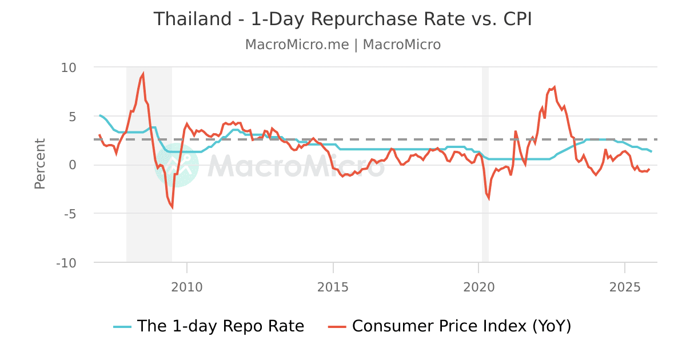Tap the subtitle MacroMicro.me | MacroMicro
coord(342,45)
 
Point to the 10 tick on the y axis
coord(69,67)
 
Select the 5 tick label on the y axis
coord(73,116)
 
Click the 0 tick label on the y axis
coord(73,165)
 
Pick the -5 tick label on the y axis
coord(70,214)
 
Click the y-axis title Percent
coord(39,164)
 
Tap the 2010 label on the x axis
coord(187,286)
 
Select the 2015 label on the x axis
coord(333,286)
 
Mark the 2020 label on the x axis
coord(478,286)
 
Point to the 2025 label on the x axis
coord(625,286)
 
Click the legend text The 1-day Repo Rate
coord(221,326)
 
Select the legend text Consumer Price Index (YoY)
coord(461,326)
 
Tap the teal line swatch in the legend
coord(122,327)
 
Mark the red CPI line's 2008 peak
coord(143,73)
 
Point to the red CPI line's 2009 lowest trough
coord(171,208)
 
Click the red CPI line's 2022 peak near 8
coord(555,87)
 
